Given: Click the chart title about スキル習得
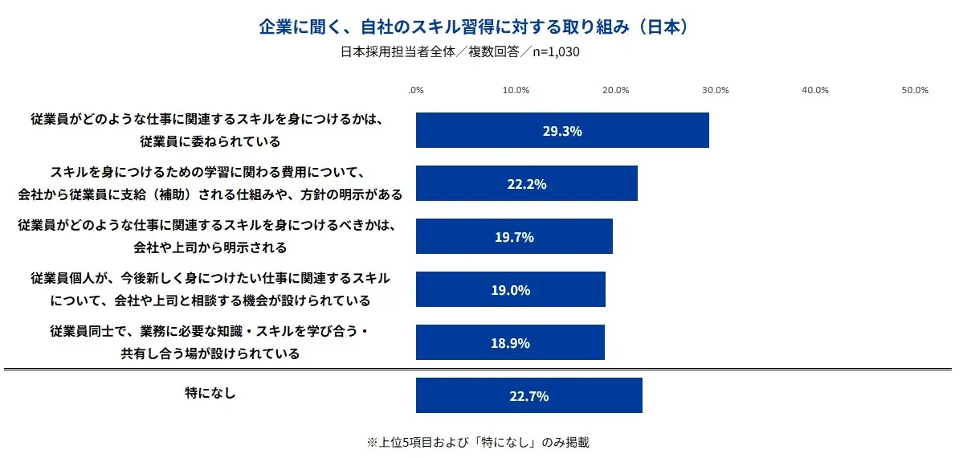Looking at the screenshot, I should (473, 27).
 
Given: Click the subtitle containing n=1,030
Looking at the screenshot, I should (460, 52).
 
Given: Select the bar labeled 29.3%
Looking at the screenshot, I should (562, 130).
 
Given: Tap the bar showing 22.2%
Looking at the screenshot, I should (527, 183).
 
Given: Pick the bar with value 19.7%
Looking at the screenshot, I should (514, 236).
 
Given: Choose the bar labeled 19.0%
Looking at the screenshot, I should (511, 289).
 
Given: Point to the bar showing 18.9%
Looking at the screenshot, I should (510, 342).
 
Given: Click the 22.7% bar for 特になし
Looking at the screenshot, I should (529, 395).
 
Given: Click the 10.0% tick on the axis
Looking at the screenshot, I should (516, 90).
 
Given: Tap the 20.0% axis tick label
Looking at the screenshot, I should (615, 90).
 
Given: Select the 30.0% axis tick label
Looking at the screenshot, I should (716, 90).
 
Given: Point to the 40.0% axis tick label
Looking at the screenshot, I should (815, 90).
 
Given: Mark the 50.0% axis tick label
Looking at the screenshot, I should (916, 90).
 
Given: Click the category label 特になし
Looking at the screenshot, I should (210, 395).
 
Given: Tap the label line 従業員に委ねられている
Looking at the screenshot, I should (210, 141).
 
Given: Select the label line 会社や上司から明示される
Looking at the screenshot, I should (210, 247).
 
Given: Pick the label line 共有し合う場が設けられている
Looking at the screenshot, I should (210, 353).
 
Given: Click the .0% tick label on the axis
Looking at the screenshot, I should (416, 90).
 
